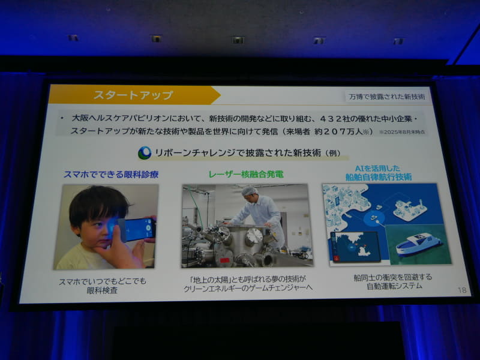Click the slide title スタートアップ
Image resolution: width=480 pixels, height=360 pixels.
pos(133,95)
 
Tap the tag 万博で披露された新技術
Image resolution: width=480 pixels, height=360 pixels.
pos(387,97)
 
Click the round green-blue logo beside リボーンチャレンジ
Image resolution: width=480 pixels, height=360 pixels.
pos(144,153)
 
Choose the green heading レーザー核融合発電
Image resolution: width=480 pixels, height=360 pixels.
pos(245,174)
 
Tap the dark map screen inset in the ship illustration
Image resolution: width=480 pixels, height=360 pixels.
pos(355,247)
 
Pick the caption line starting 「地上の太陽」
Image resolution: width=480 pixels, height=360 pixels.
pos(245,278)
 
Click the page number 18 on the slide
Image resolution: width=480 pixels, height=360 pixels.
pos(461,290)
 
